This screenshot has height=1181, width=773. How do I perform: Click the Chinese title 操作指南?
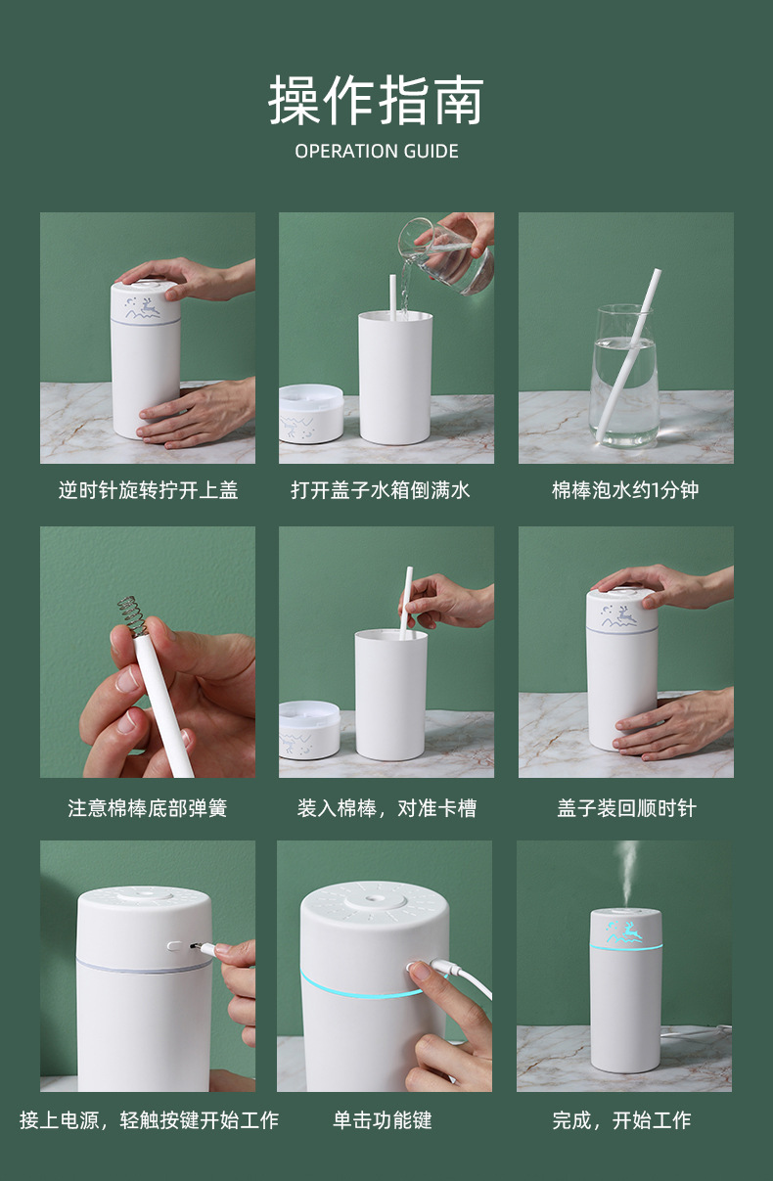pyautogui.click(x=376, y=100)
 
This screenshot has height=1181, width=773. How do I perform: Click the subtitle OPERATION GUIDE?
pyautogui.click(x=377, y=152)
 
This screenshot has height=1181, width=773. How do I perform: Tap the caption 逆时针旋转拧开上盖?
pyautogui.click(x=148, y=490)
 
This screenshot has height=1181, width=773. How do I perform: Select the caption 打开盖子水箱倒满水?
pyautogui.click(x=381, y=490)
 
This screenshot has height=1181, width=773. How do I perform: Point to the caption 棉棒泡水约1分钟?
pyautogui.click(x=625, y=490)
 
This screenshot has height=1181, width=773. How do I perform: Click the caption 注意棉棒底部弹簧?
pyautogui.click(x=148, y=808)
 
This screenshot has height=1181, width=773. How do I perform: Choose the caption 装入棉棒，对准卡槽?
pyautogui.click(x=386, y=808)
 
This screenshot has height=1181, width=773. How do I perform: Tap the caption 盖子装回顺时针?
pyautogui.click(x=626, y=808)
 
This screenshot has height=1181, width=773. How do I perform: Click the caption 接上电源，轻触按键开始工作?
pyautogui.click(x=150, y=1120)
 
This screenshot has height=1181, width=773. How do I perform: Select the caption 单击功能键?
pyautogui.click(x=383, y=1120)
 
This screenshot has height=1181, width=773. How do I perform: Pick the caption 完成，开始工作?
pyautogui.click(x=621, y=1120)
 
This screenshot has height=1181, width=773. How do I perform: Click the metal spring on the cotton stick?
pyautogui.click(x=132, y=615)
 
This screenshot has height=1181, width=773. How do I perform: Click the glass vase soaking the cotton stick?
pyautogui.click(x=624, y=376)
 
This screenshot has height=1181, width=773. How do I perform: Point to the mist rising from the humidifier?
pyautogui.click(x=627, y=874)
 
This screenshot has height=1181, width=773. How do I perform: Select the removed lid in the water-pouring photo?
pyautogui.click(x=310, y=413)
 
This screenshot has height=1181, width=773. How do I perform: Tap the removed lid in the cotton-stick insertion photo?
pyautogui.click(x=309, y=730)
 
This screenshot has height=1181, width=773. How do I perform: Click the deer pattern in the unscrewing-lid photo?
pyautogui.click(x=143, y=308)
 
